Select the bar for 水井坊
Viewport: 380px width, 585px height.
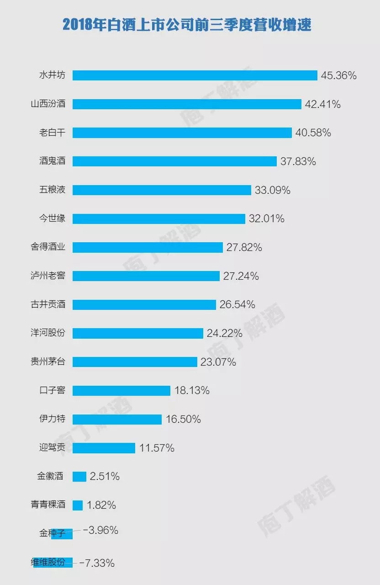point(195,75)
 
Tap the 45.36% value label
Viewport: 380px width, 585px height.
point(338,75)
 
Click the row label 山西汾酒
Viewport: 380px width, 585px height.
point(48,104)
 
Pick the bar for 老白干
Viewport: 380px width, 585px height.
point(182,133)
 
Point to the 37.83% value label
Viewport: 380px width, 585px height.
point(298,161)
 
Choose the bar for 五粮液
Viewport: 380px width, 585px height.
point(162,190)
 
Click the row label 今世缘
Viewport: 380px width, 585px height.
point(52,218)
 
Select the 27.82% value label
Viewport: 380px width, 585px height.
point(244,247)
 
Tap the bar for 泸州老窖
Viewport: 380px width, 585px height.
point(146,276)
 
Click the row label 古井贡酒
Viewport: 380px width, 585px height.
point(48,304)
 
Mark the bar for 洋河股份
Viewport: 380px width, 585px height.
point(137,333)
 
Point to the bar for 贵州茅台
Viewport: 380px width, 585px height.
point(135,362)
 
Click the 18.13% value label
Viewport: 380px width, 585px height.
point(192,390)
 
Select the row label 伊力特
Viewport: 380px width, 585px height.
point(52,419)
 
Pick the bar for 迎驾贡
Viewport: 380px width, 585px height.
point(104,448)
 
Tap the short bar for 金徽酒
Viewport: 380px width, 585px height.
point(79,477)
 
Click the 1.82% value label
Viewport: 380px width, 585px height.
point(101,505)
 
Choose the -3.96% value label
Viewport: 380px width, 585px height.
point(101,530)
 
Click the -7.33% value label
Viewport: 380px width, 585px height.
point(97,563)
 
